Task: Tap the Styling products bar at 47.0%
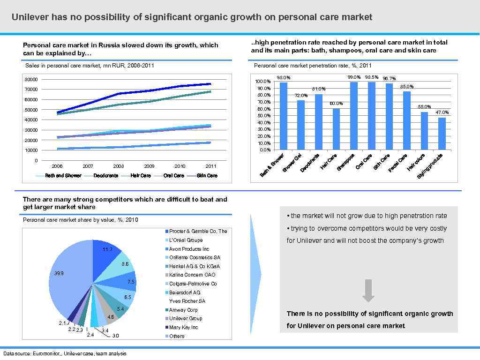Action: coord(442,134)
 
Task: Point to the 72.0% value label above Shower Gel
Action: coord(301,95)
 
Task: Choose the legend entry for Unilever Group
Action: coord(186,319)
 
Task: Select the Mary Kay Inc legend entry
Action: coord(183,327)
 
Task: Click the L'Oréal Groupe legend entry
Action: coord(186,240)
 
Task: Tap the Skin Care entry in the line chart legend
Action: coord(207,176)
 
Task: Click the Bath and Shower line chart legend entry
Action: coord(63,176)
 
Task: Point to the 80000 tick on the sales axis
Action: coord(31,79)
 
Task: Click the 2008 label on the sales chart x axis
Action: coord(119,166)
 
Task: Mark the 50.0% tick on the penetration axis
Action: coord(264,115)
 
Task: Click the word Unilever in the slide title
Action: coord(30,17)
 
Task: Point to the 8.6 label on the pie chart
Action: coord(125,264)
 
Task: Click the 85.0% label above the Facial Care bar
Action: coord(407,87)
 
